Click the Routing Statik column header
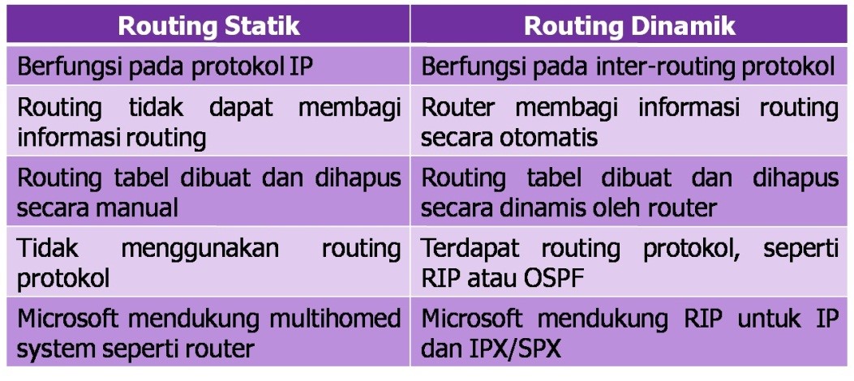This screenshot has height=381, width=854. [x=209, y=26]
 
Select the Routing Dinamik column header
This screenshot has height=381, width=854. [x=629, y=26]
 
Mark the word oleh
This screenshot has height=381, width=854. [x=633, y=208]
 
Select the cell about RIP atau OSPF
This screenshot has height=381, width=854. [x=629, y=263]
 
